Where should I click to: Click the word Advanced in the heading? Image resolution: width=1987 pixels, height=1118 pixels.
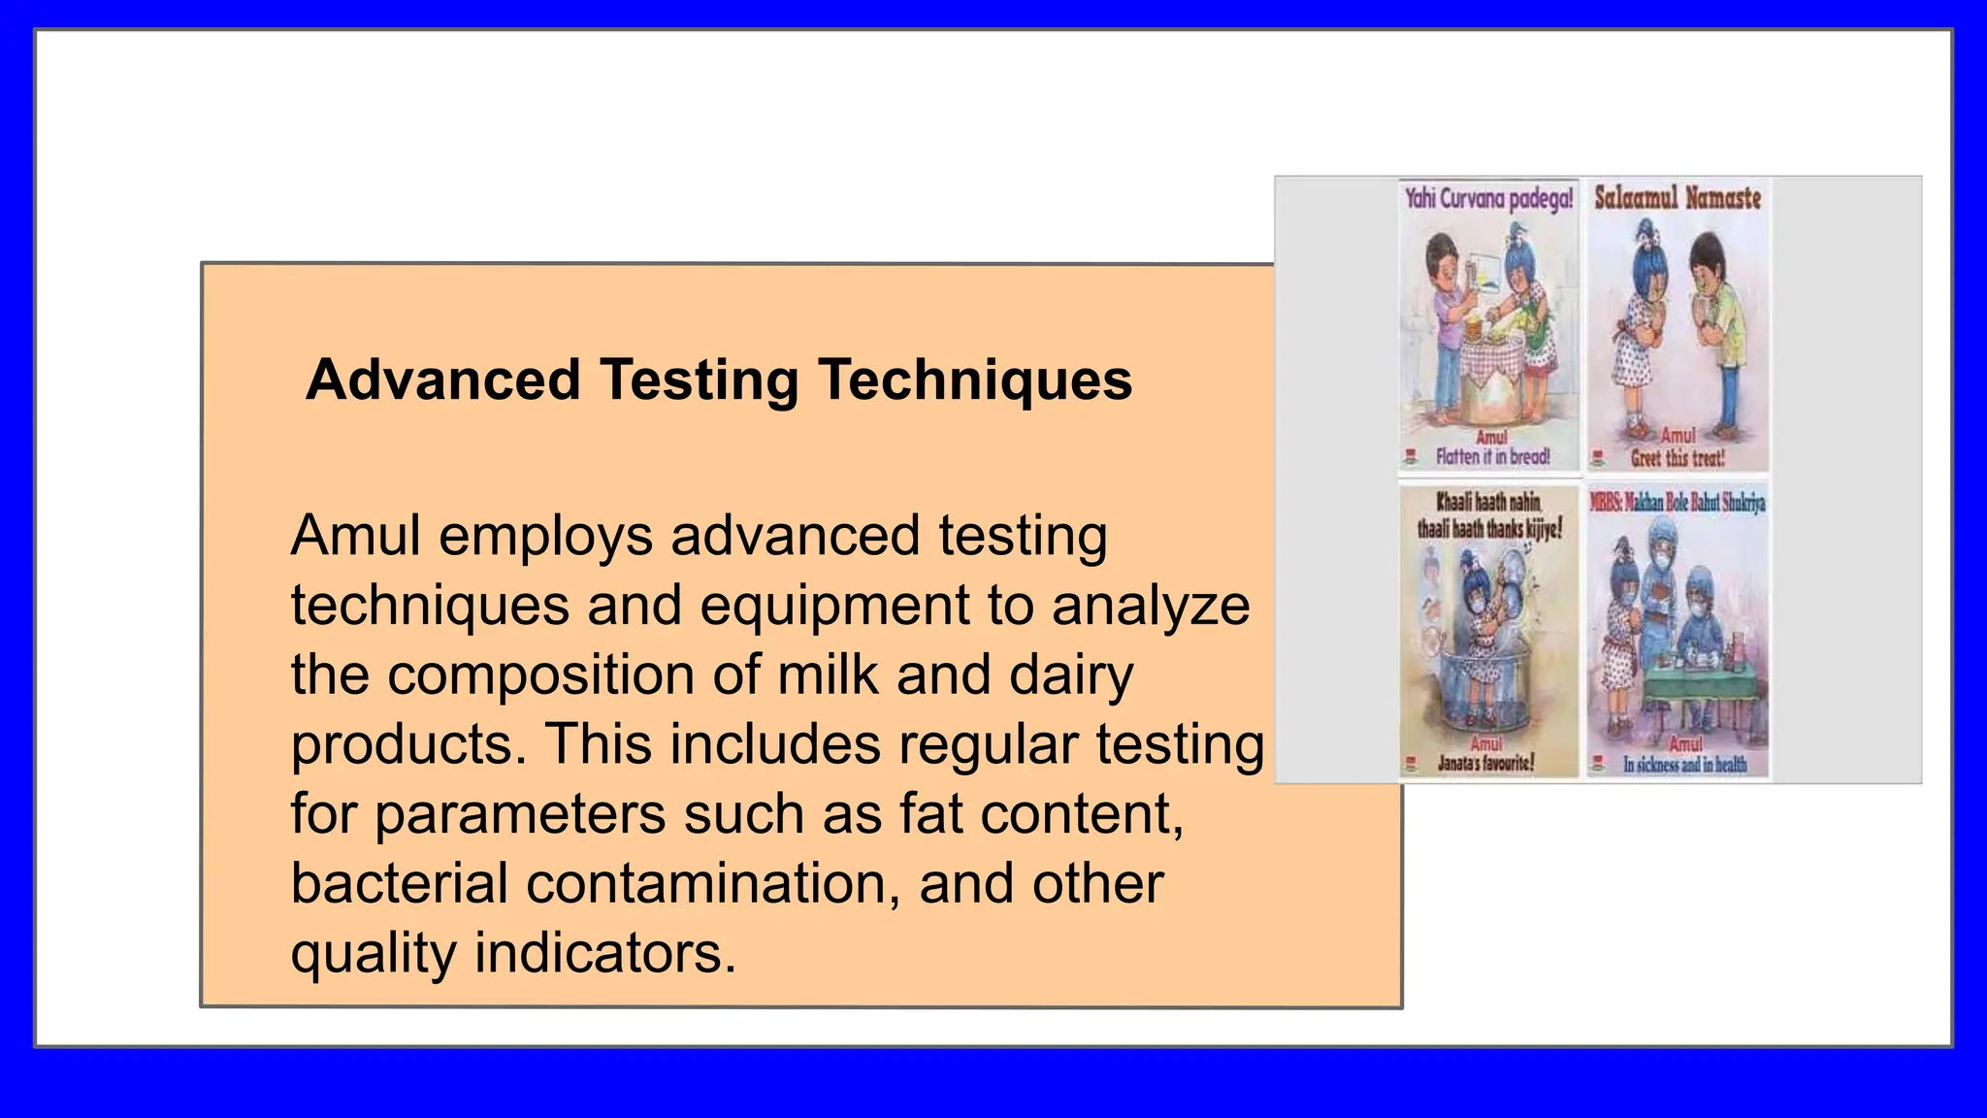pyautogui.click(x=442, y=379)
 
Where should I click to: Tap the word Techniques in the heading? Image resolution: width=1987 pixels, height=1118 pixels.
pyautogui.click(x=975, y=379)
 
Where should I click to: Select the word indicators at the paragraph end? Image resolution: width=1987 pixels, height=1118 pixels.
pyautogui.click(x=604, y=953)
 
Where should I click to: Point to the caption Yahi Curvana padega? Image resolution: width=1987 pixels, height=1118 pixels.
pyautogui.click(x=1489, y=199)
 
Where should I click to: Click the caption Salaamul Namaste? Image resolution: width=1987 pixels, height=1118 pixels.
pyautogui.click(x=1678, y=198)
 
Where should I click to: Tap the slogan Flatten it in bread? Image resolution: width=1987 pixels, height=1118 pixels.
pyautogui.click(x=1493, y=456)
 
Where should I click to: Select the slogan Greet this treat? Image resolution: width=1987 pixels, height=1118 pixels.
pyautogui.click(x=1678, y=457)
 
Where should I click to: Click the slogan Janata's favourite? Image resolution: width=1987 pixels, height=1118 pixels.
pyautogui.click(x=1486, y=763)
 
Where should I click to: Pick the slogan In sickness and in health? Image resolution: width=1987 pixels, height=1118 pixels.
pyautogui.click(x=1685, y=765)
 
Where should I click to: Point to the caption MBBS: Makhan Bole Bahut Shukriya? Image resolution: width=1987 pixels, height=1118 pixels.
pyautogui.click(x=1678, y=502)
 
